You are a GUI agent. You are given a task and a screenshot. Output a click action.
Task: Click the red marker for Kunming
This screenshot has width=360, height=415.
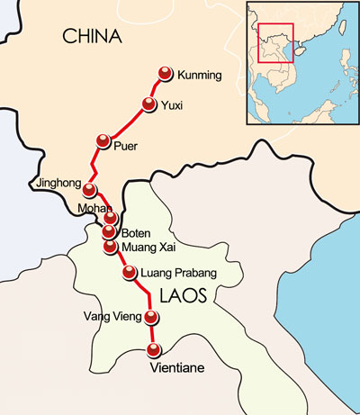click(x=165, y=74)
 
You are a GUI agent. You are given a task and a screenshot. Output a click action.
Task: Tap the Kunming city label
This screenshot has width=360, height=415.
click(x=200, y=75)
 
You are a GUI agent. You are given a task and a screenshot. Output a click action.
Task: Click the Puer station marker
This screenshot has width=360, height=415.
click(x=103, y=141)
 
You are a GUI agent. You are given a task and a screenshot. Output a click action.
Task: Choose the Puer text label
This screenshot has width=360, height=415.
click(x=125, y=146)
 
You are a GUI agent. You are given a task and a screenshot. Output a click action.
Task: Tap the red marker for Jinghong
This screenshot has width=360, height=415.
click(x=89, y=188)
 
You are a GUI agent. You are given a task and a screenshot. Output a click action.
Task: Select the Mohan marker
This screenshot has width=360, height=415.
click(x=111, y=217)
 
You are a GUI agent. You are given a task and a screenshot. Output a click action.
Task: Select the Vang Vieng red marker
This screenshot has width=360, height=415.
click(x=150, y=317)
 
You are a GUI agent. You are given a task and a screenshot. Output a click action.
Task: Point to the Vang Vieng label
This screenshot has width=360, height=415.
click(x=112, y=316)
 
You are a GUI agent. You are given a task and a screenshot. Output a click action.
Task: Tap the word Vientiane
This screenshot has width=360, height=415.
click(x=178, y=368)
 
